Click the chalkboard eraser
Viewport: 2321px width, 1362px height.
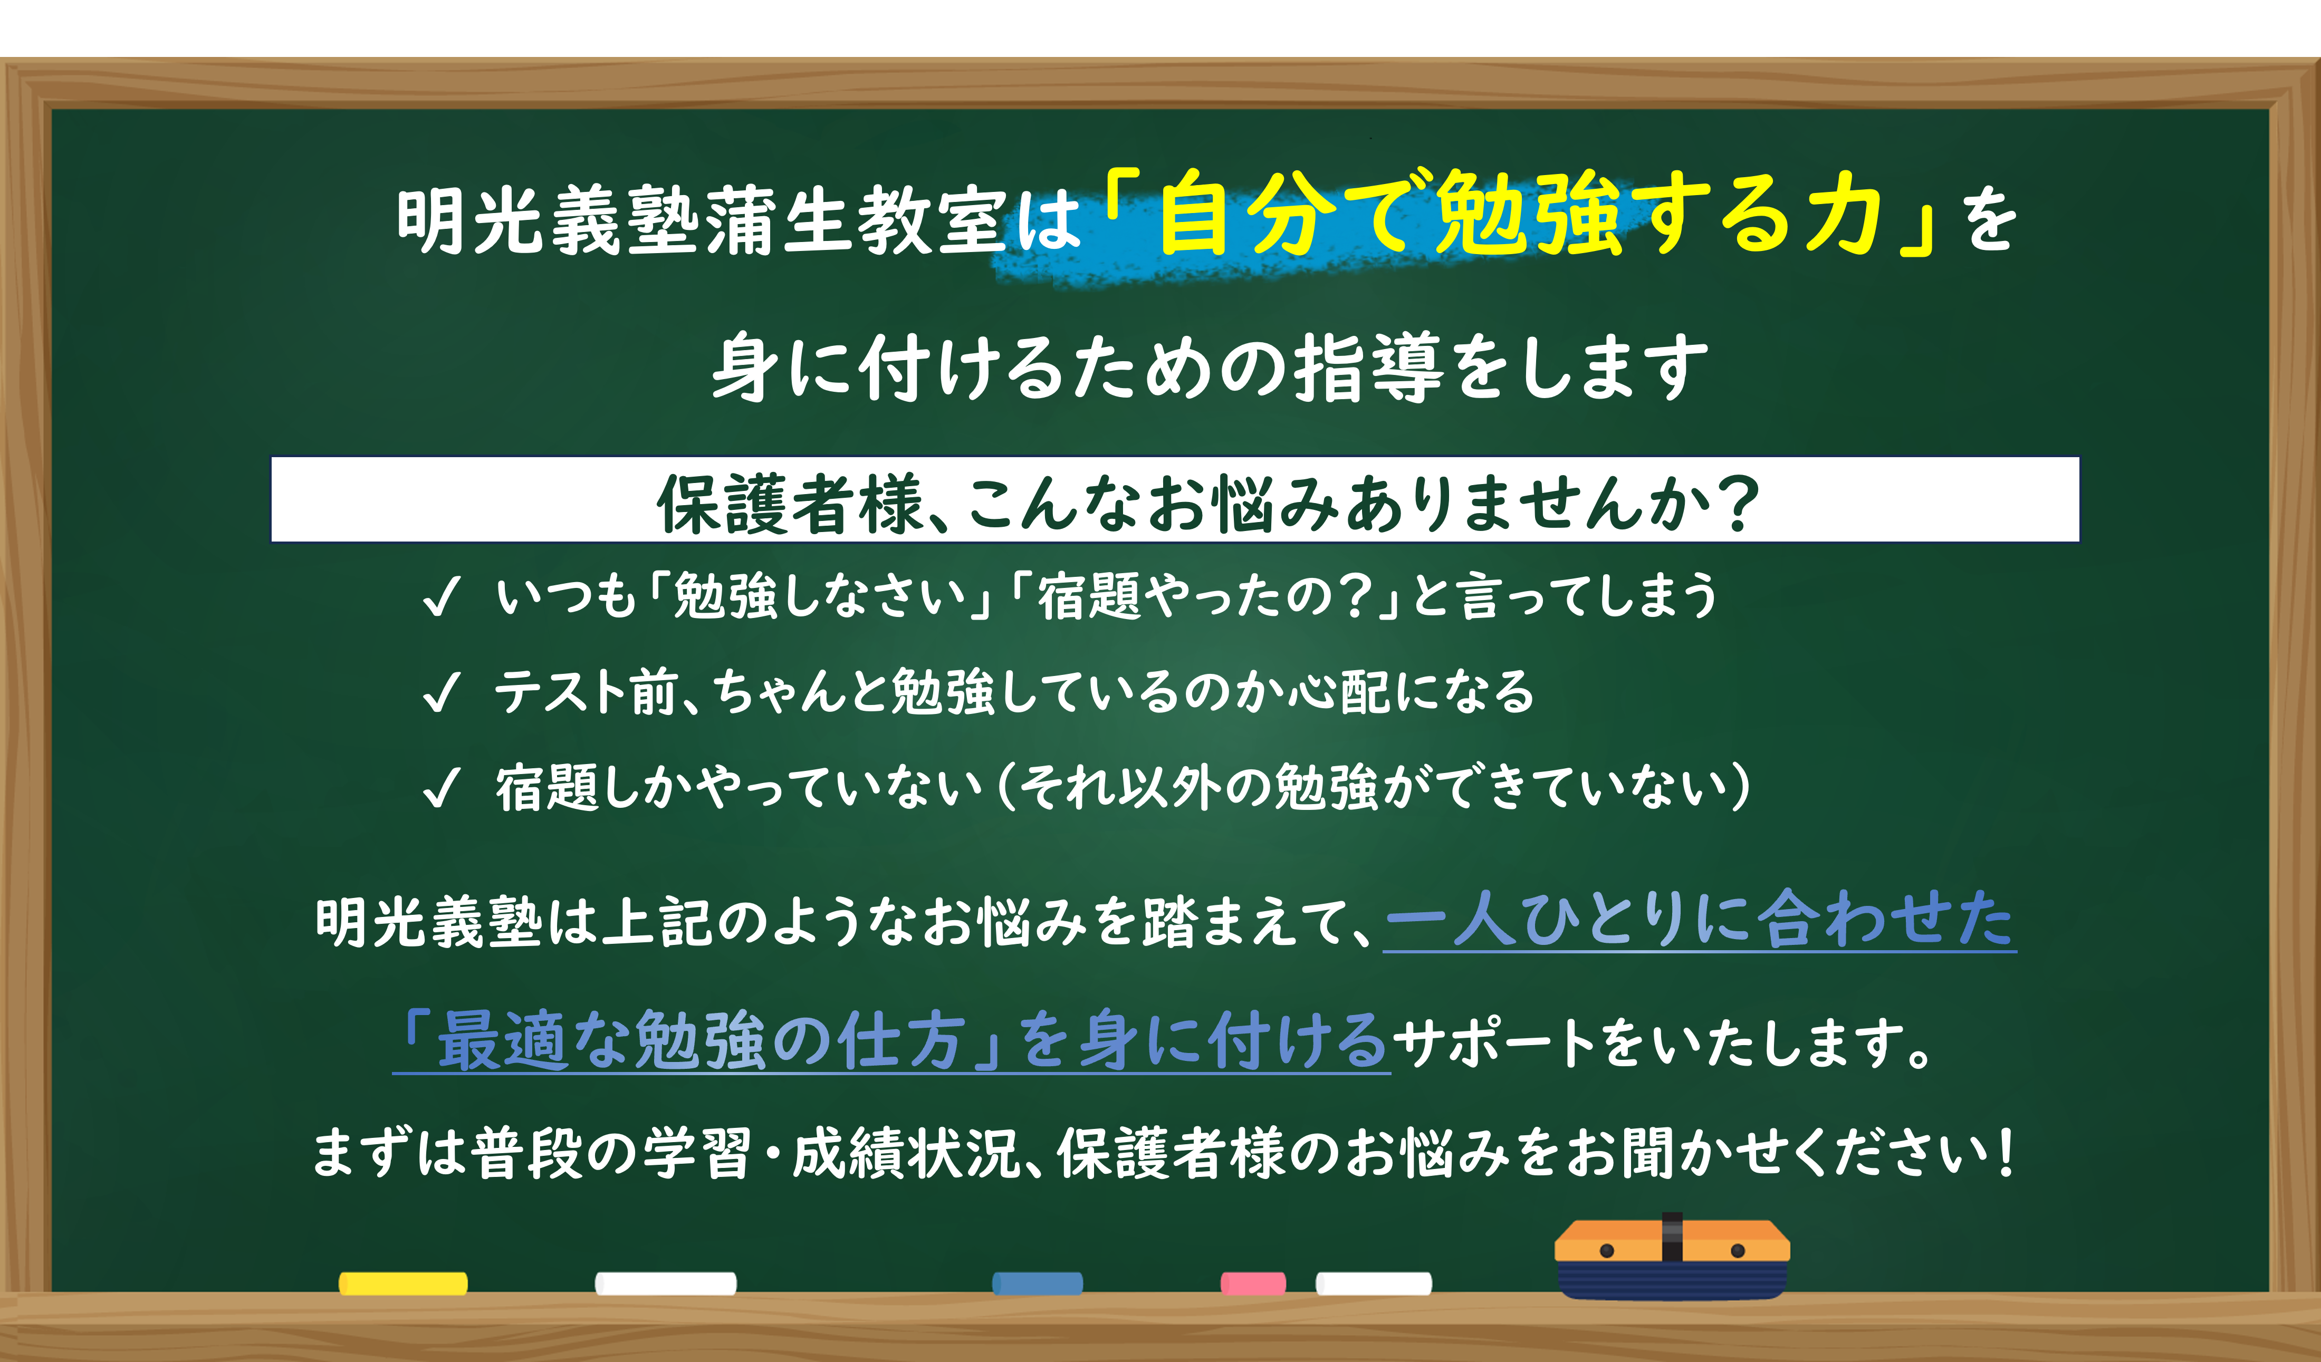1672,1257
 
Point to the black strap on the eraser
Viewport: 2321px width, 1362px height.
1672,1237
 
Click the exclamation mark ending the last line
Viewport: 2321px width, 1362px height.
2004,1154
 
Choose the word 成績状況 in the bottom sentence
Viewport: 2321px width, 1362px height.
905,1154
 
